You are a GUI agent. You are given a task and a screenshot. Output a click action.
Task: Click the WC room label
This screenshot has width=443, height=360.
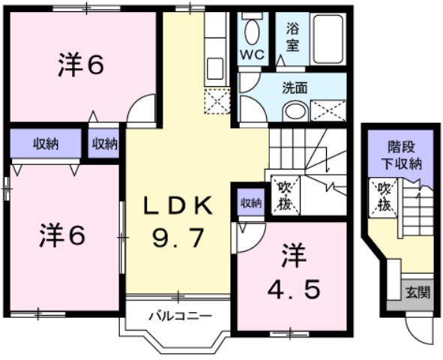point(251,55)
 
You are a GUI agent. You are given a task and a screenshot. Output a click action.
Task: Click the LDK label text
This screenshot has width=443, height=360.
point(178,205)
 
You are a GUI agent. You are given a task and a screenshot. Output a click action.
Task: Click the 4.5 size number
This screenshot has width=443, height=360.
point(294,288)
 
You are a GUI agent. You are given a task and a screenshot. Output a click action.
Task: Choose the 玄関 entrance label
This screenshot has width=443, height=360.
point(418,292)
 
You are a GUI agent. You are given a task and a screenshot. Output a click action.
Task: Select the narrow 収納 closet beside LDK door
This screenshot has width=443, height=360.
point(105,144)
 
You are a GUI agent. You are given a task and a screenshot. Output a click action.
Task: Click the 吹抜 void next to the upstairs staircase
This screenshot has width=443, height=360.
point(286,193)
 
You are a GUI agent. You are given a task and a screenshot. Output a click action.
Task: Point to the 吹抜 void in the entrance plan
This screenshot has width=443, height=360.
point(384,196)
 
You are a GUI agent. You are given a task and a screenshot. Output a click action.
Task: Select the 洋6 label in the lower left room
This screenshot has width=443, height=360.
point(62,235)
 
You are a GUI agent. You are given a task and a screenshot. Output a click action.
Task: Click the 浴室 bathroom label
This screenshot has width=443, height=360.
point(292,37)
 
